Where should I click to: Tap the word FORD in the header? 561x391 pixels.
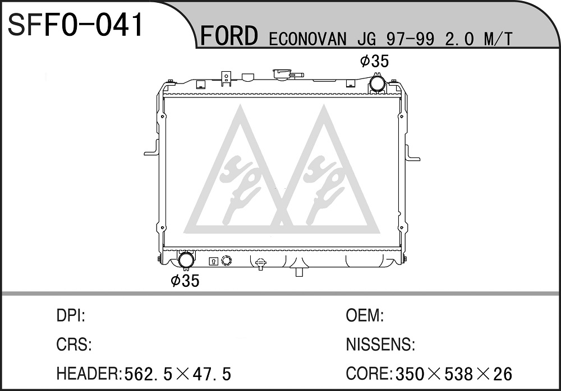point(229,35)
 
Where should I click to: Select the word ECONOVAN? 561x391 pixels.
point(307,39)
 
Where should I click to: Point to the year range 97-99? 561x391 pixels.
point(411,39)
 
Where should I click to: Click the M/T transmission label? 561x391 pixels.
point(498,39)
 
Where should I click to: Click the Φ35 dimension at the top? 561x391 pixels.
point(374,61)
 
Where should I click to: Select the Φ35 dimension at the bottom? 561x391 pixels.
point(185,281)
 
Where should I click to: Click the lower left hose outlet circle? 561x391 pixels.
point(186,260)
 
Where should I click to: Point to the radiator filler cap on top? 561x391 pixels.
point(283,74)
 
